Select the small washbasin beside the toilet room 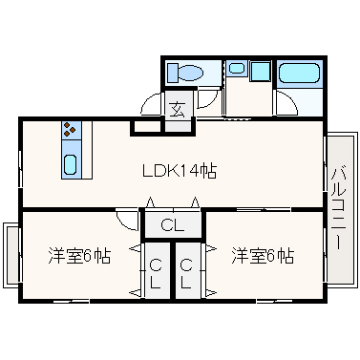(x=236, y=69)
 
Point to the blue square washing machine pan (x=259, y=70)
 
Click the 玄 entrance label (x=179, y=108)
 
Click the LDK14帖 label (x=179, y=171)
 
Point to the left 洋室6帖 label (x=80, y=255)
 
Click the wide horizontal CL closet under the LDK (x=173, y=225)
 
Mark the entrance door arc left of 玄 (x=148, y=103)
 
